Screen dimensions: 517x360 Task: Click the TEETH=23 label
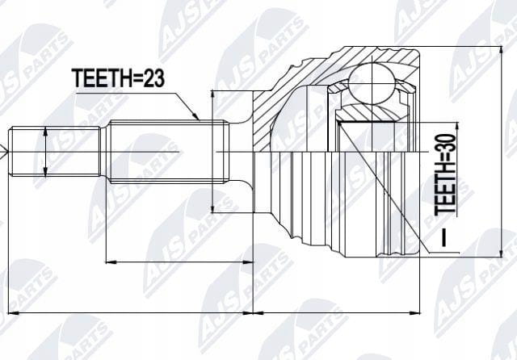(118, 78)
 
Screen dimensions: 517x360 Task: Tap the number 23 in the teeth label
(153, 78)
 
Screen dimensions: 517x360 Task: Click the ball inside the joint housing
(372, 83)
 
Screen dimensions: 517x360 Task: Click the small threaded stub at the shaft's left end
(55, 151)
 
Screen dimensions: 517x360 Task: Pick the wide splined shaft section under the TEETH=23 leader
(169, 151)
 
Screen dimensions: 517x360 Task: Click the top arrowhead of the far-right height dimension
(501, 50)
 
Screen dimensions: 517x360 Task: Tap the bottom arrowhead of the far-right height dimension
(501, 253)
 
